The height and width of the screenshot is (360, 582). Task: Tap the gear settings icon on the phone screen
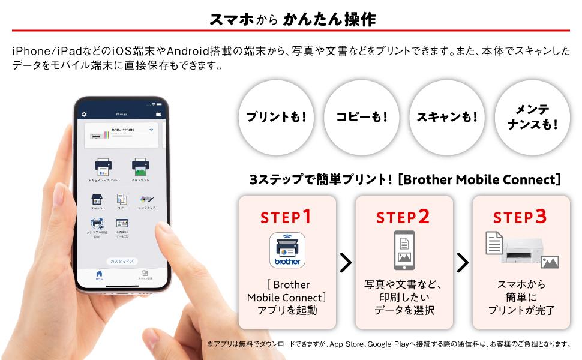click(85, 114)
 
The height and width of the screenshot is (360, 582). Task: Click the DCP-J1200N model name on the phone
click(124, 130)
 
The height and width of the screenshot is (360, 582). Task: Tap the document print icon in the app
click(103, 166)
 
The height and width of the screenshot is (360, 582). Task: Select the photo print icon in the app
click(140, 166)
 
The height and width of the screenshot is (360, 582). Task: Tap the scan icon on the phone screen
click(97, 199)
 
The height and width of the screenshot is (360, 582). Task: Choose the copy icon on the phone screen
click(122, 199)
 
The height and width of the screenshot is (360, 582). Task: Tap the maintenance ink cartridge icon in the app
click(146, 199)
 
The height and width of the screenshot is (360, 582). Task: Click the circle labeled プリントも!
click(276, 117)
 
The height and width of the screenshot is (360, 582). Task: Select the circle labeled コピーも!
click(361, 117)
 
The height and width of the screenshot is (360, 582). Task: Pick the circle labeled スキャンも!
click(446, 117)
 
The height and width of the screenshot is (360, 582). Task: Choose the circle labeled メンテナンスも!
click(532, 117)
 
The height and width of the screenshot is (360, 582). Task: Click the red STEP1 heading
click(286, 217)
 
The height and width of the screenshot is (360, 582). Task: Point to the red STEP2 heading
click(403, 217)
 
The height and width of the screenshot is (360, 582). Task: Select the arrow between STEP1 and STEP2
click(346, 262)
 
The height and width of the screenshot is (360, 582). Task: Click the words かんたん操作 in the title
click(329, 19)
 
